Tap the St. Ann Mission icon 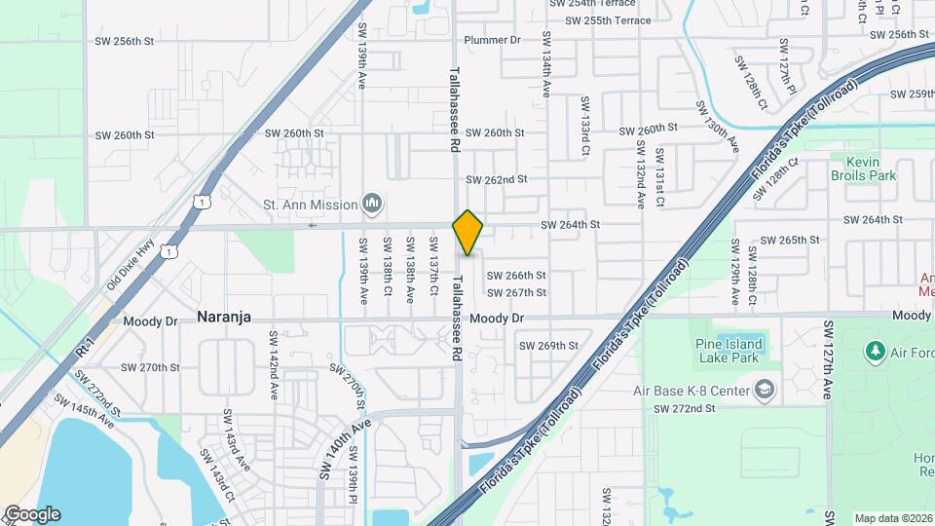coord(371,204)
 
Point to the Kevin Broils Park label coord(863,169)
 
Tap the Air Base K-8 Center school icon coord(766,391)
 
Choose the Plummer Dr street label coord(493,40)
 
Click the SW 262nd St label coord(496,180)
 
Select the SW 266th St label coord(515,276)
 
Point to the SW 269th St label coord(548,345)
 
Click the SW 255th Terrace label coord(608,20)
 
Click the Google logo coord(32,514)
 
